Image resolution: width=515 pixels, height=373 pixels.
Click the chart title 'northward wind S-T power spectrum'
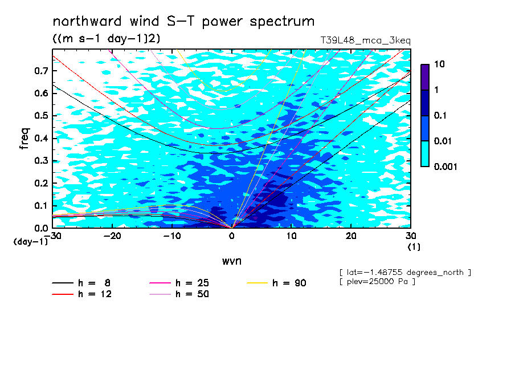click(x=183, y=22)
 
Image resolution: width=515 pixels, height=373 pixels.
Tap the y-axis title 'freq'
click(x=24, y=139)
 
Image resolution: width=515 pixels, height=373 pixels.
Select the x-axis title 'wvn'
click(x=232, y=261)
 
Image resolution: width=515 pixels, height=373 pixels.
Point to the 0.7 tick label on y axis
click(x=41, y=71)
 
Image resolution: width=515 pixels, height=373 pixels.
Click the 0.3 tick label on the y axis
click(x=41, y=160)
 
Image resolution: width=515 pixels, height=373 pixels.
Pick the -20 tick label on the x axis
click(x=112, y=236)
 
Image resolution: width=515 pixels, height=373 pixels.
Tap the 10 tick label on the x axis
click(x=292, y=236)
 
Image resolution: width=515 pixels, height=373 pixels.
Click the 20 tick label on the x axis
click(x=351, y=236)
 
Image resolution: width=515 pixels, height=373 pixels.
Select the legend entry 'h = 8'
click(x=81, y=283)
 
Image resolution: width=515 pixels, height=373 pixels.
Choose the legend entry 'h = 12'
click(x=82, y=294)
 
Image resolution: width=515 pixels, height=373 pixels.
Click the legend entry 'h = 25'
click(x=179, y=283)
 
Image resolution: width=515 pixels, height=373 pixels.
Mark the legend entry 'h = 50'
click(x=179, y=294)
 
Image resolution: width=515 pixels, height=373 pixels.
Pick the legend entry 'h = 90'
click(x=276, y=283)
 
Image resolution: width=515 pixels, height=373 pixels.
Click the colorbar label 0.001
click(x=445, y=167)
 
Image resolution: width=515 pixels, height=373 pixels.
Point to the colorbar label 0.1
click(x=440, y=115)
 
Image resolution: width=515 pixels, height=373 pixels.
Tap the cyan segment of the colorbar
click(x=425, y=153)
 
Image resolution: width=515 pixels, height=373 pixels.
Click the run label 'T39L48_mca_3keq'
click(x=366, y=40)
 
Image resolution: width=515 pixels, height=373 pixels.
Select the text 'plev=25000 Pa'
click(x=377, y=282)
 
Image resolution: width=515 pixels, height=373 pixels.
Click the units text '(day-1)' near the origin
click(x=31, y=242)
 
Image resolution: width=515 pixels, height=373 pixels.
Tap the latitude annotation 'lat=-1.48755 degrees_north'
click(x=405, y=273)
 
